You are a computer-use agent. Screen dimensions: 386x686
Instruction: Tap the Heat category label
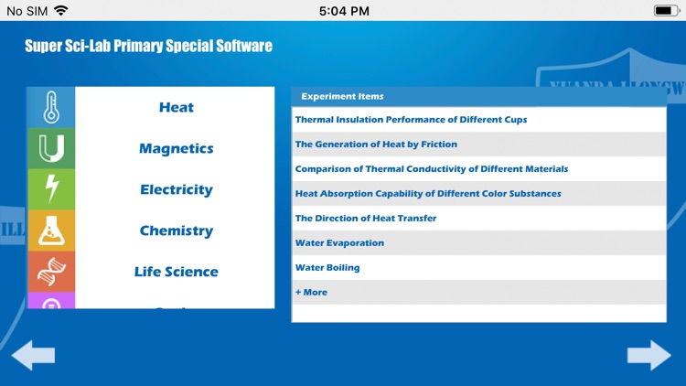tap(176, 108)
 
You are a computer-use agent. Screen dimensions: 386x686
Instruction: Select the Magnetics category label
tap(176, 149)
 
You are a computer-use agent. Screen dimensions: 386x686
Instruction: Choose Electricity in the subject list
tap(176, 190)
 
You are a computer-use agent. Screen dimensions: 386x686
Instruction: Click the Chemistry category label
tap(176, 231)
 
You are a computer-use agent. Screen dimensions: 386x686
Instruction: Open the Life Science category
tap(176, 272)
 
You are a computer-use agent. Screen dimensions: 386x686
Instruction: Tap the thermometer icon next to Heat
tap(51, 107)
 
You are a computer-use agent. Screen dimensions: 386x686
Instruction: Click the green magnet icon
tap(51, 148)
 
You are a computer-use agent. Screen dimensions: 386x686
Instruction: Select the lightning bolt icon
tap(51, 189)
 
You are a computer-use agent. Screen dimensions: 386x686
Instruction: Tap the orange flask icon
tap(51, 231)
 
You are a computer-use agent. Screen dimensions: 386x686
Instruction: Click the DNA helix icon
tap(51, 272)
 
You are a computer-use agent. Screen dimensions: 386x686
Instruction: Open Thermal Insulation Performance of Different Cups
tap(411, 120)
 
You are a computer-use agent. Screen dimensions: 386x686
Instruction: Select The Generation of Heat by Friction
tap(376, 145)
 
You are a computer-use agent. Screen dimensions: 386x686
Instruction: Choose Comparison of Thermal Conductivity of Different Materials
tap(431, 169)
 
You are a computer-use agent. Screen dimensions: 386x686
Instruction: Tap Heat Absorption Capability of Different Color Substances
tap(428, 194)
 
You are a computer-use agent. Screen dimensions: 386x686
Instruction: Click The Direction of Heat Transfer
tap(365, 219)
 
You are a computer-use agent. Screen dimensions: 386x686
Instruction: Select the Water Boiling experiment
tap(327, 268)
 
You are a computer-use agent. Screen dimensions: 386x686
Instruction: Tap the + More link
tap(311, 293)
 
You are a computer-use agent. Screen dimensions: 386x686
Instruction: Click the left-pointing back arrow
tap(33, 355)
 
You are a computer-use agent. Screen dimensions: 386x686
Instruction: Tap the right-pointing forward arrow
tap(649, 355)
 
